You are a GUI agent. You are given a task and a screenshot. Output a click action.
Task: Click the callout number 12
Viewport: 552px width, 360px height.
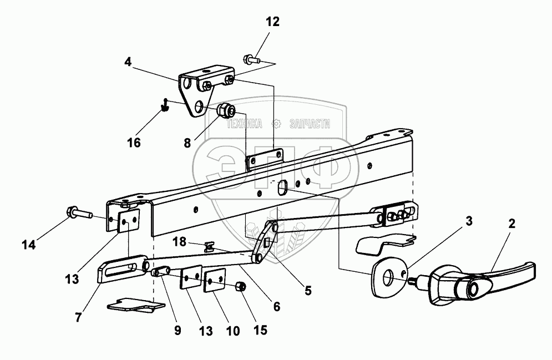pos(272,23)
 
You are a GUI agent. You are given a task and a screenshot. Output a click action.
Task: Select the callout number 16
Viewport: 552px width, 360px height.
pos(133,143)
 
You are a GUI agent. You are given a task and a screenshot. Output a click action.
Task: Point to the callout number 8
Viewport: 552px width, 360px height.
pos(188,143)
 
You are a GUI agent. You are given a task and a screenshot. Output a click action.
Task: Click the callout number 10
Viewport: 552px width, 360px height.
pos(232,331)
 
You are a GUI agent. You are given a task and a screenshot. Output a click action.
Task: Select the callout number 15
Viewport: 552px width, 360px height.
pos(261,329)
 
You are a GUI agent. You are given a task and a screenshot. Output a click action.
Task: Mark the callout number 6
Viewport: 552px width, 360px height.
pos(276,306)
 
